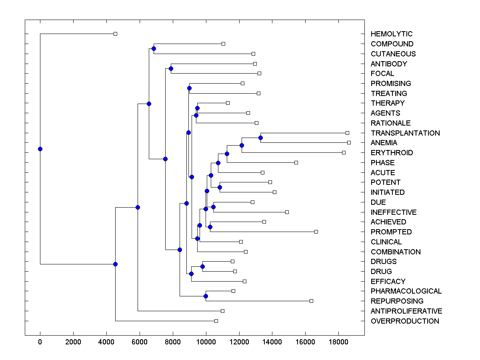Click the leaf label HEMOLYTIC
point(391,34)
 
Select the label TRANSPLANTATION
point(405,133)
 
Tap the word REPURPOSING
point(397,301)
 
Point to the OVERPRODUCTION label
point(404,321)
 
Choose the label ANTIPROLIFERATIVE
point(406,311)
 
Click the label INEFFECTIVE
point(393,212)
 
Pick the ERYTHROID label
point(392,152)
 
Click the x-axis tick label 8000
point(173,341)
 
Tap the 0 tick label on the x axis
point(40,341)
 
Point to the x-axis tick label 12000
point(239,341)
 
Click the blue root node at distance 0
point(40,149)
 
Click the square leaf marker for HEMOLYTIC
point(115,34)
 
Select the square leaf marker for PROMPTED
point(316,232)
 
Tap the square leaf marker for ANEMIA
point(349,142)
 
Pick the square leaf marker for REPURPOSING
point(311,301)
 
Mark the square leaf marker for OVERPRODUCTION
point(216,321)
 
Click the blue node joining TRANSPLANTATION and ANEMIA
point(260,138)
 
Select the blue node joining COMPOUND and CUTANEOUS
point(154,48)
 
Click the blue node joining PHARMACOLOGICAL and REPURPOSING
point(206,296)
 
